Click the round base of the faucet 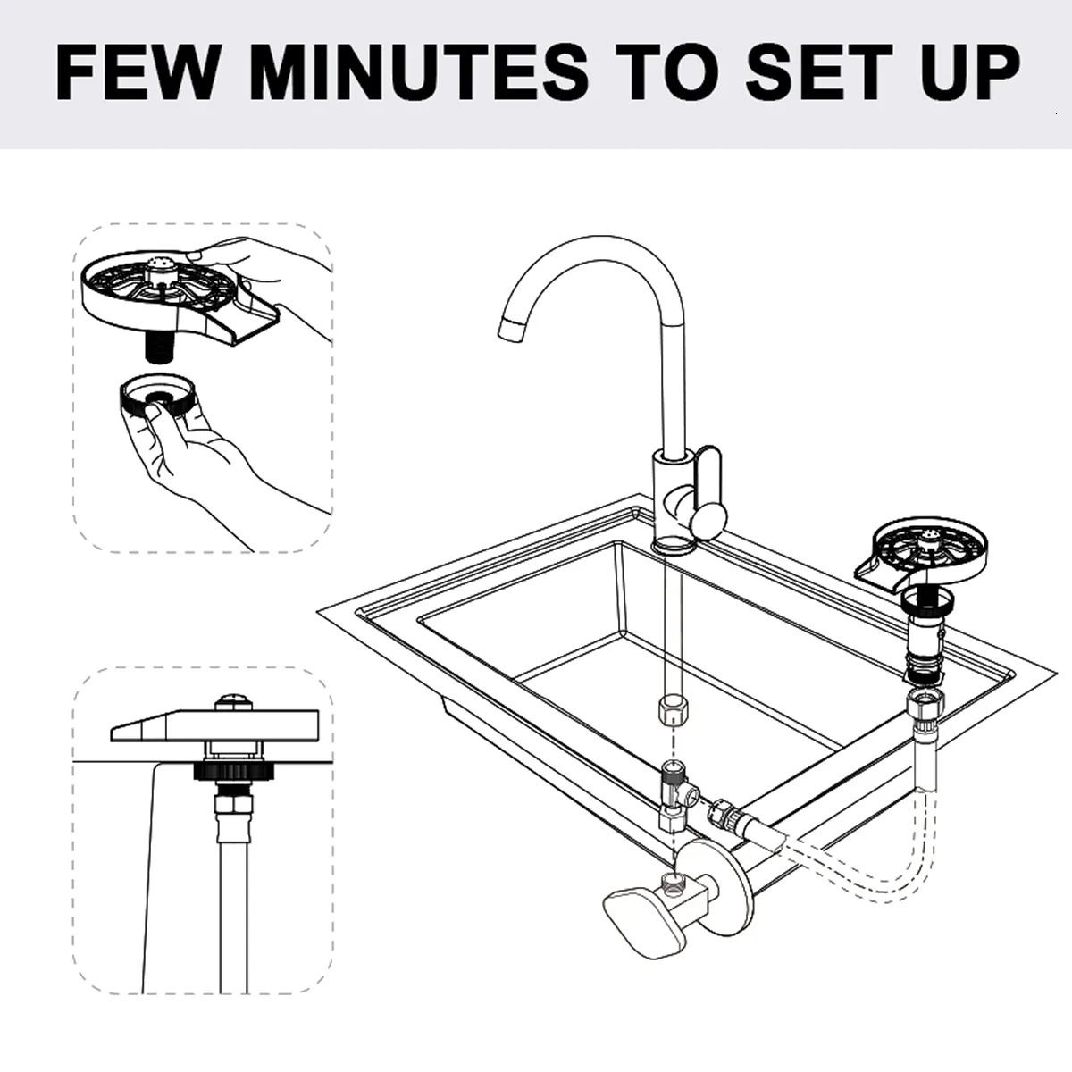pyautogui.click(x=674, y=543)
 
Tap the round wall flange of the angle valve pyautogui.click(x=715, y=870)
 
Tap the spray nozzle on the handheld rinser pyautogui.click(x=162, y=264)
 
